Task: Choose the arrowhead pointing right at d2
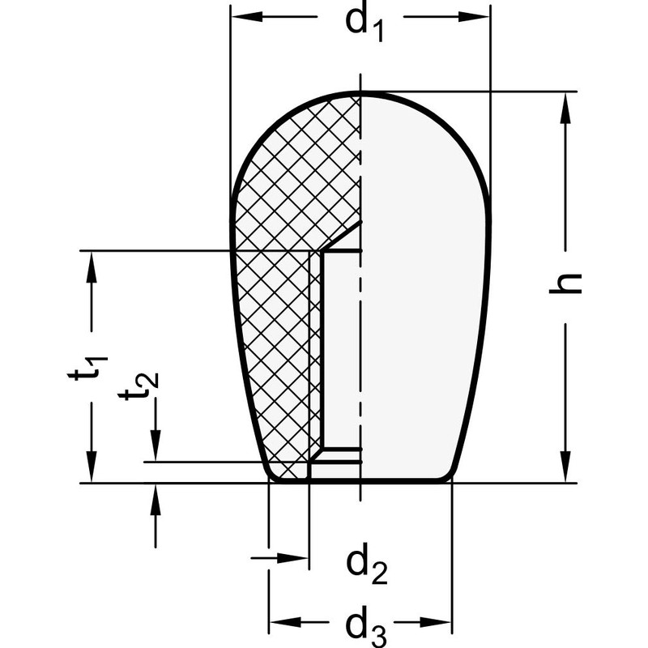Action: tap(298, 557)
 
